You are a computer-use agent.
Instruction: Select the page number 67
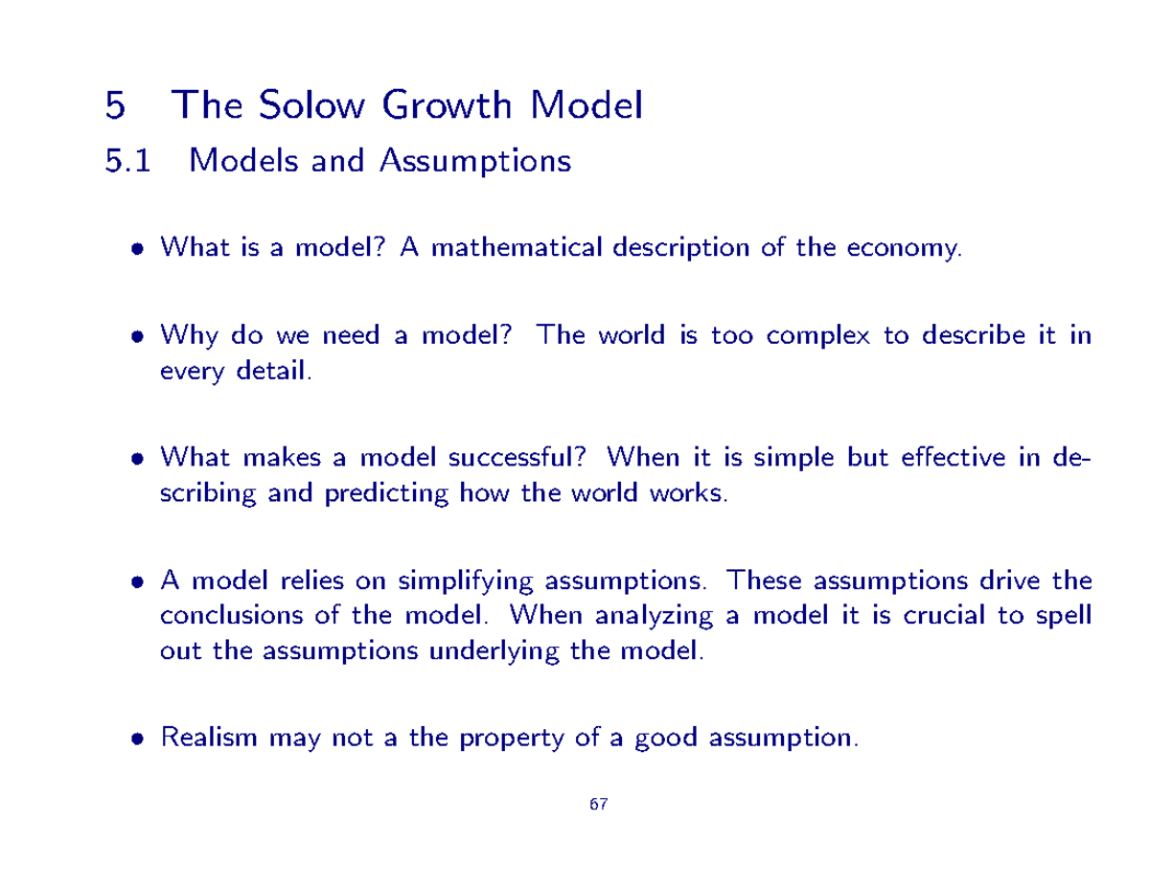point(599,805)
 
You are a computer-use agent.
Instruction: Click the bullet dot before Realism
point(139,740)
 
